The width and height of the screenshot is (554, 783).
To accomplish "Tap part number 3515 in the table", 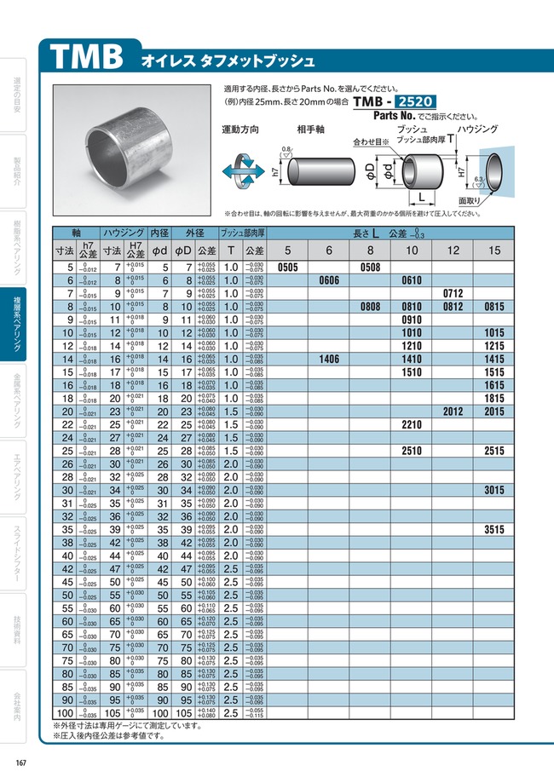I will tap(494, 529).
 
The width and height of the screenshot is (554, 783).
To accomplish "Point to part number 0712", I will tap(453, 293).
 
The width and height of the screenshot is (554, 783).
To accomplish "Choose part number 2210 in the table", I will tap(412, 424).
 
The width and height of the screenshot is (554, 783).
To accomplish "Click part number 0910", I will tap(412, 320).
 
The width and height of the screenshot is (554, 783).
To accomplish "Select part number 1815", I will tap(494, 399).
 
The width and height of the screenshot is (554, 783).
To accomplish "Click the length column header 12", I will tap(453, 250).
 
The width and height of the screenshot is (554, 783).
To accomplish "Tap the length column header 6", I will tap(329, 250).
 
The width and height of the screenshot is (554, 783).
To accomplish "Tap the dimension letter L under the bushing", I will tap(421, 198).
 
